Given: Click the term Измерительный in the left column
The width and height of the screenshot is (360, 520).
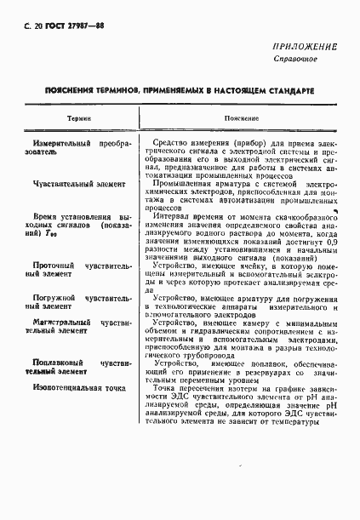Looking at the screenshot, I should [x=62, y=146].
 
